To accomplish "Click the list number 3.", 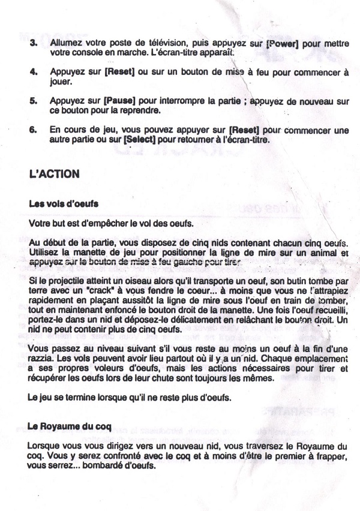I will [x=33, y=43].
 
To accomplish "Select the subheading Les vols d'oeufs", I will [x=64, y=203].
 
